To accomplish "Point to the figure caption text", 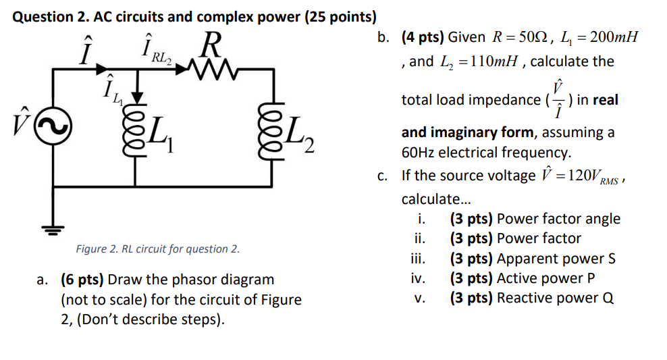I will click(157, 249).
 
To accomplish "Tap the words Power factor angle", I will click(558, 219).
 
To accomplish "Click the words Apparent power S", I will click(556, 259).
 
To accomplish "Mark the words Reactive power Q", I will click(555, 298).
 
